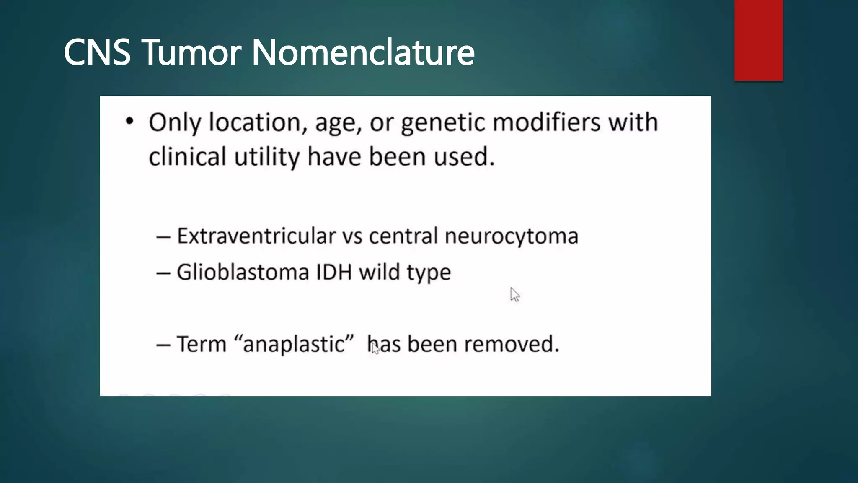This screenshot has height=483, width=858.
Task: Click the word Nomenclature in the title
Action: (x=363, y=53)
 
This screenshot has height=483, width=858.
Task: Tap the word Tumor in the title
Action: (x=192, y=53)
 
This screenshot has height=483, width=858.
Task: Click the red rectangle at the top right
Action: (x=758, y=40)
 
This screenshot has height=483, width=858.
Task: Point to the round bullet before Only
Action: (x=129, y=121)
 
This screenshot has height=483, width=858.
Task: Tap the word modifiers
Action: (x=546, y=123)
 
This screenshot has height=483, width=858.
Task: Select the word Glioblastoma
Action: (x=243, y=273)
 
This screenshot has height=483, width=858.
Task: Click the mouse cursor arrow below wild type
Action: (x=514, y=294)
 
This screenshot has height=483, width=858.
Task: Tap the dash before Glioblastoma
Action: (x=163, y=273)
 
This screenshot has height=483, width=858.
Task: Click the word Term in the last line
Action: (x=202, y=344)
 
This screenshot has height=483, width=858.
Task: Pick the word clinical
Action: (x=187, y=157)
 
